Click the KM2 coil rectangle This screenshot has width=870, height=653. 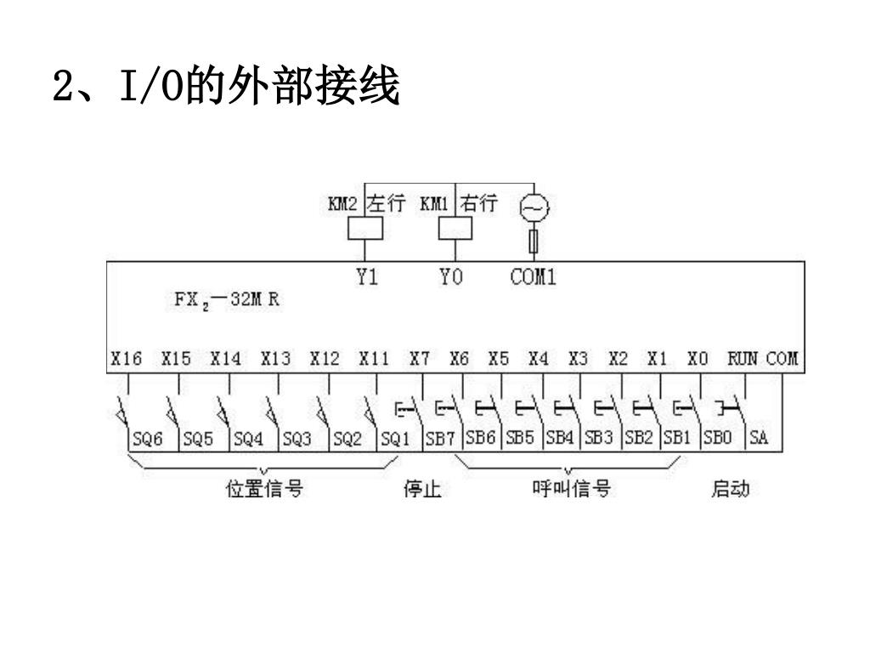click(365, 228)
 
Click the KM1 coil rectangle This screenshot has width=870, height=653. click(455, 228)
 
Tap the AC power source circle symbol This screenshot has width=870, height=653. click(534, 208)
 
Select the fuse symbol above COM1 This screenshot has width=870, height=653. click(534, 241)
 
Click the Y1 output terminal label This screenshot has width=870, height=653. click(367, 276)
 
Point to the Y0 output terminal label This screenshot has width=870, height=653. click(450, 276)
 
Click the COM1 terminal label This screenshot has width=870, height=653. click(533, 276)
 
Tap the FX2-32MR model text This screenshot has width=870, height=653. click(226, 300)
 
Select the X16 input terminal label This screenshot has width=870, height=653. click(127, 359)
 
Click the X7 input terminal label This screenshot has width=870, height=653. click(420, 359)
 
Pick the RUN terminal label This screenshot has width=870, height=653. click(743, 359)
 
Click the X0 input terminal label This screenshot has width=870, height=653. click(698, 359)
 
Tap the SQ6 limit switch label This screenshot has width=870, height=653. click(147, 440)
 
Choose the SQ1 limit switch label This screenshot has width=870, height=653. click(394, 440)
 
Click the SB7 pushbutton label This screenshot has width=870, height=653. click(440, 439)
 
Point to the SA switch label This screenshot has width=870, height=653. click(759, 438)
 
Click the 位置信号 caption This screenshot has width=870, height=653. click(264, 489)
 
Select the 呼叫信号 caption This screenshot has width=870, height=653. click(572, 489)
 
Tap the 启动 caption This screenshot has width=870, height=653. click(730, 489)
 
